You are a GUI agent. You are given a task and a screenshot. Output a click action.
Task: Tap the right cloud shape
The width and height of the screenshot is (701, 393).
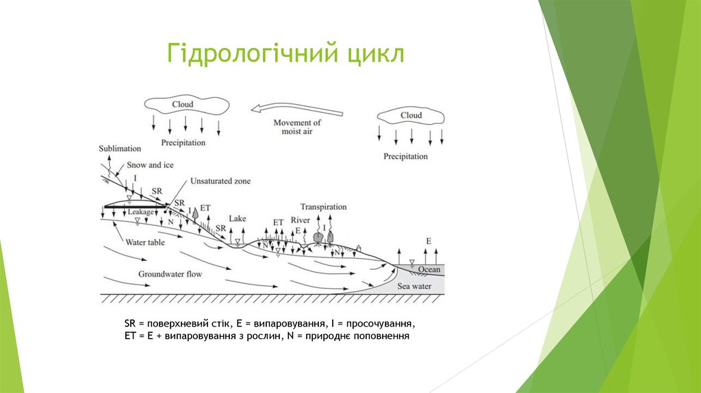[411, 116]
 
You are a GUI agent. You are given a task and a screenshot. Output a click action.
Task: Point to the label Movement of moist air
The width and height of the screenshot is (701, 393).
[297, 127]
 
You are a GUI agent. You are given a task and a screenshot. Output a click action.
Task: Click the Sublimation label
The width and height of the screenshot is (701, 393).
[120, 148]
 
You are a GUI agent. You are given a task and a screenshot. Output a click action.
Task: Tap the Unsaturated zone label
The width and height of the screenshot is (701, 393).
[220, 181]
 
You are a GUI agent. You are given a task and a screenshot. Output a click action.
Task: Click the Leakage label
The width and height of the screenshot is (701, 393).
[141, 213]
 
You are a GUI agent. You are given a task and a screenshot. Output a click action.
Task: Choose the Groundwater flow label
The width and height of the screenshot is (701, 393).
[170, 274]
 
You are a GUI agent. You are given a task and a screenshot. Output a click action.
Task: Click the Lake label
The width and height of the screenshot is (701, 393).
[238, 218]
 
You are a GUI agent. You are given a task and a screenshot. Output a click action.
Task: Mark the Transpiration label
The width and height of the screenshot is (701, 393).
[323, 207]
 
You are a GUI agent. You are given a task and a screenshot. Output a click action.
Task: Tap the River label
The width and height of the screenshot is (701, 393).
[301, 220]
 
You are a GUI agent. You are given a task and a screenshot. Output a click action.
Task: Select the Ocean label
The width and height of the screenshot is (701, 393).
[429, 270]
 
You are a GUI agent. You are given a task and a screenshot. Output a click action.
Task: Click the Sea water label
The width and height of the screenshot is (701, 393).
[415, 286]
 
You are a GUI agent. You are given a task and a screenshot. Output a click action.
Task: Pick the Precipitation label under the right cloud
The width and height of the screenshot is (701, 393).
[405, 157]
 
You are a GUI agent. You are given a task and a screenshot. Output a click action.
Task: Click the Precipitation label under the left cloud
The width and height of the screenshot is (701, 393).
[183, 143]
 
